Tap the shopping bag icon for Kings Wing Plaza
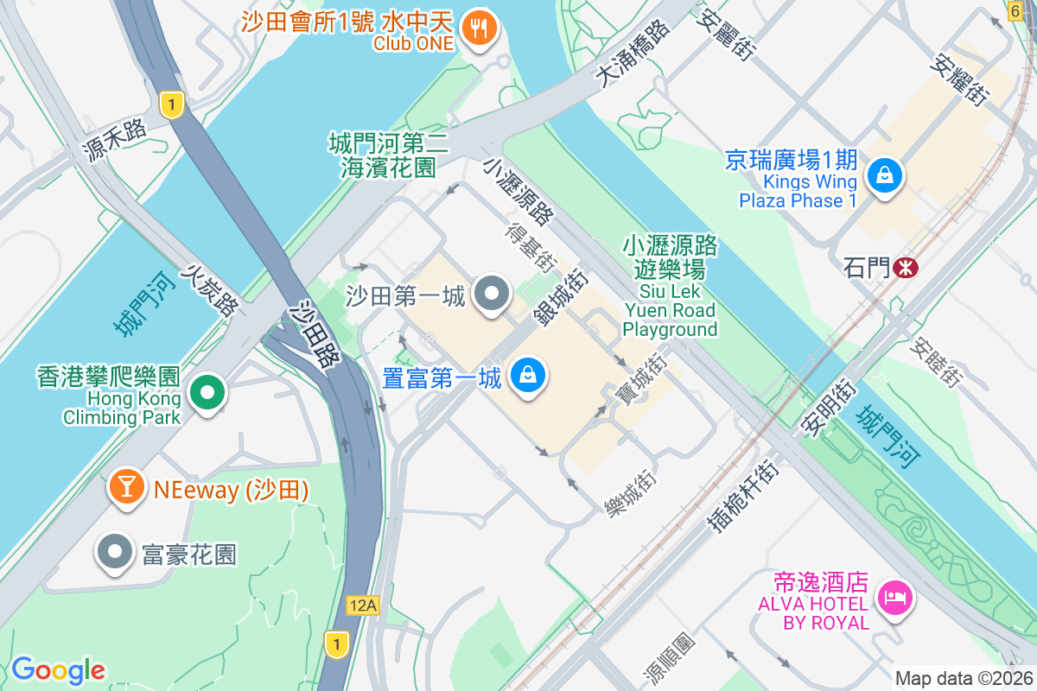[x=885, y=176]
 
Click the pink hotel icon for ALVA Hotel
[x=894, y=597]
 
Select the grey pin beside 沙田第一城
[x=493, y=294]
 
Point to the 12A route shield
[x=362, y=605]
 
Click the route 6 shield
[x=1015, y=10]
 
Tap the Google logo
[x=58, y=670]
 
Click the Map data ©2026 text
[x=963, y=678]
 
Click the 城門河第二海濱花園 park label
[x=388, y=154]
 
